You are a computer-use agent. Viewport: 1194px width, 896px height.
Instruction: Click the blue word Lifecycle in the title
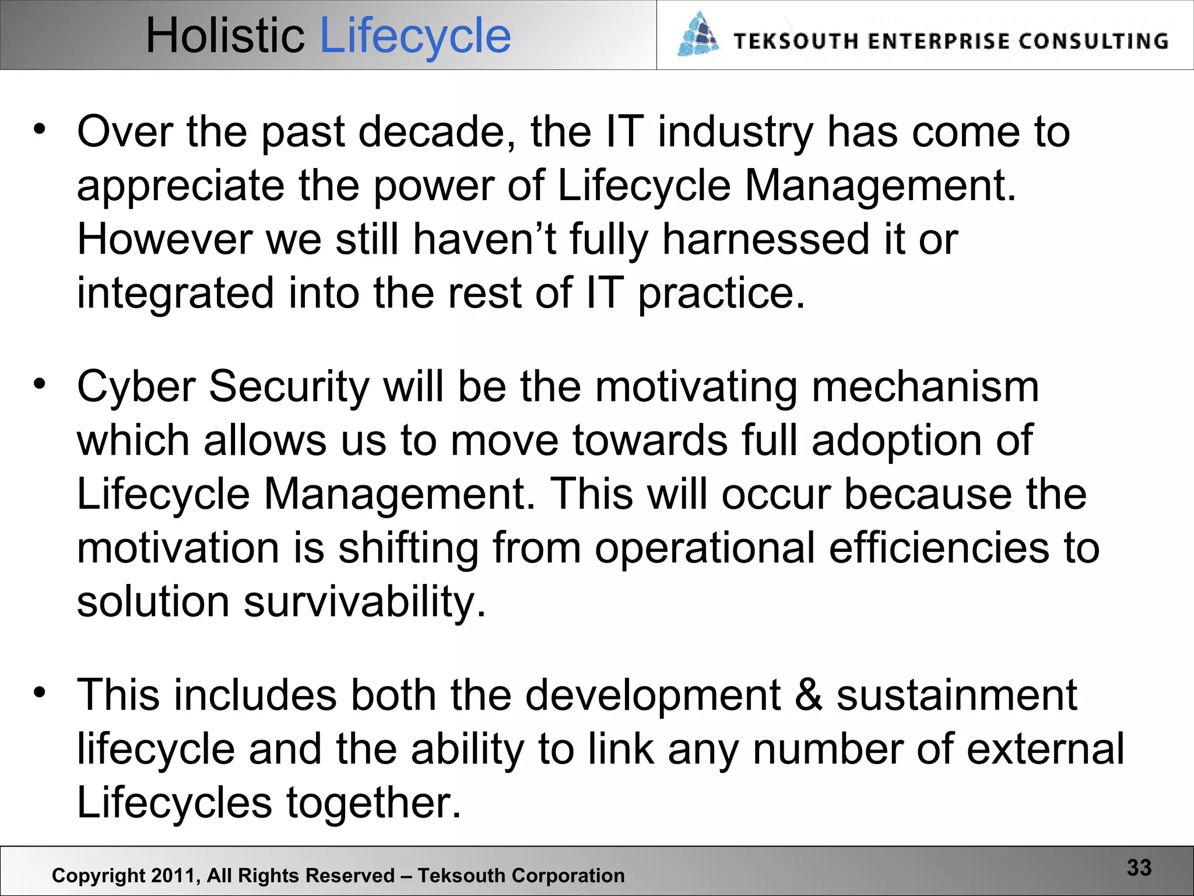click(x=415, y=36)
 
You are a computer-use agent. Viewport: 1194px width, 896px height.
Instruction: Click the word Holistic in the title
click(x=224, y=36)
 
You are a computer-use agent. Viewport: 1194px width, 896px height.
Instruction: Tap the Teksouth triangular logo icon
click(x=698, y=35)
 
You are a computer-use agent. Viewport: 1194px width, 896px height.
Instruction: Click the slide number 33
click(x=1139, y=867)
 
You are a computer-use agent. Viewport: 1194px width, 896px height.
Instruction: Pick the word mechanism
click(x=925, y=387)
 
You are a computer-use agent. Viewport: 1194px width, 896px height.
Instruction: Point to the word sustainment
click(x=957, y=695)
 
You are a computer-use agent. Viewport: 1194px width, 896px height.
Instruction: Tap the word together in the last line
click(x=373, y=803)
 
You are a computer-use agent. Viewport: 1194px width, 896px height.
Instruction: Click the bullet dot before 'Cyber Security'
click(x=39, y=384)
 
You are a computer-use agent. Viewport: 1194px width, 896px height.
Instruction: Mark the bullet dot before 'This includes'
click(x=39, y=692)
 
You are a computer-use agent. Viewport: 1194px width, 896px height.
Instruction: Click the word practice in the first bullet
click(x=721, y=293)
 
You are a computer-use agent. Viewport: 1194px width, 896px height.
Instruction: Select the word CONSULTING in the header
click(x=1094, y=41)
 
